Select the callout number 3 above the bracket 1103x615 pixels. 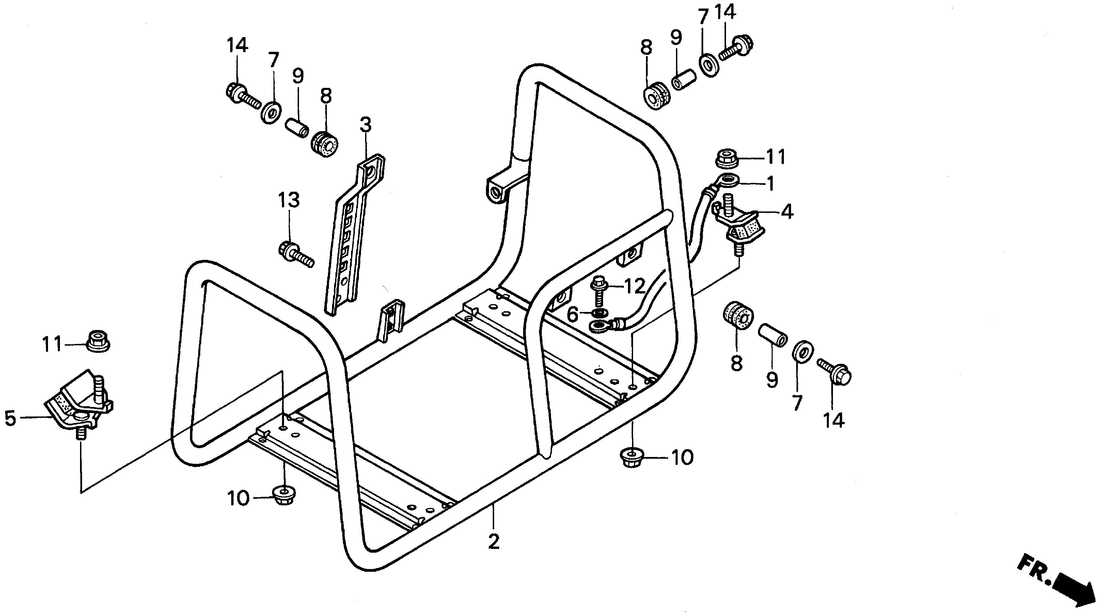tap(365, 125)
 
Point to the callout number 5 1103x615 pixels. tap(10, 419)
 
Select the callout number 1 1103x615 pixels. tap(770, 184)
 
